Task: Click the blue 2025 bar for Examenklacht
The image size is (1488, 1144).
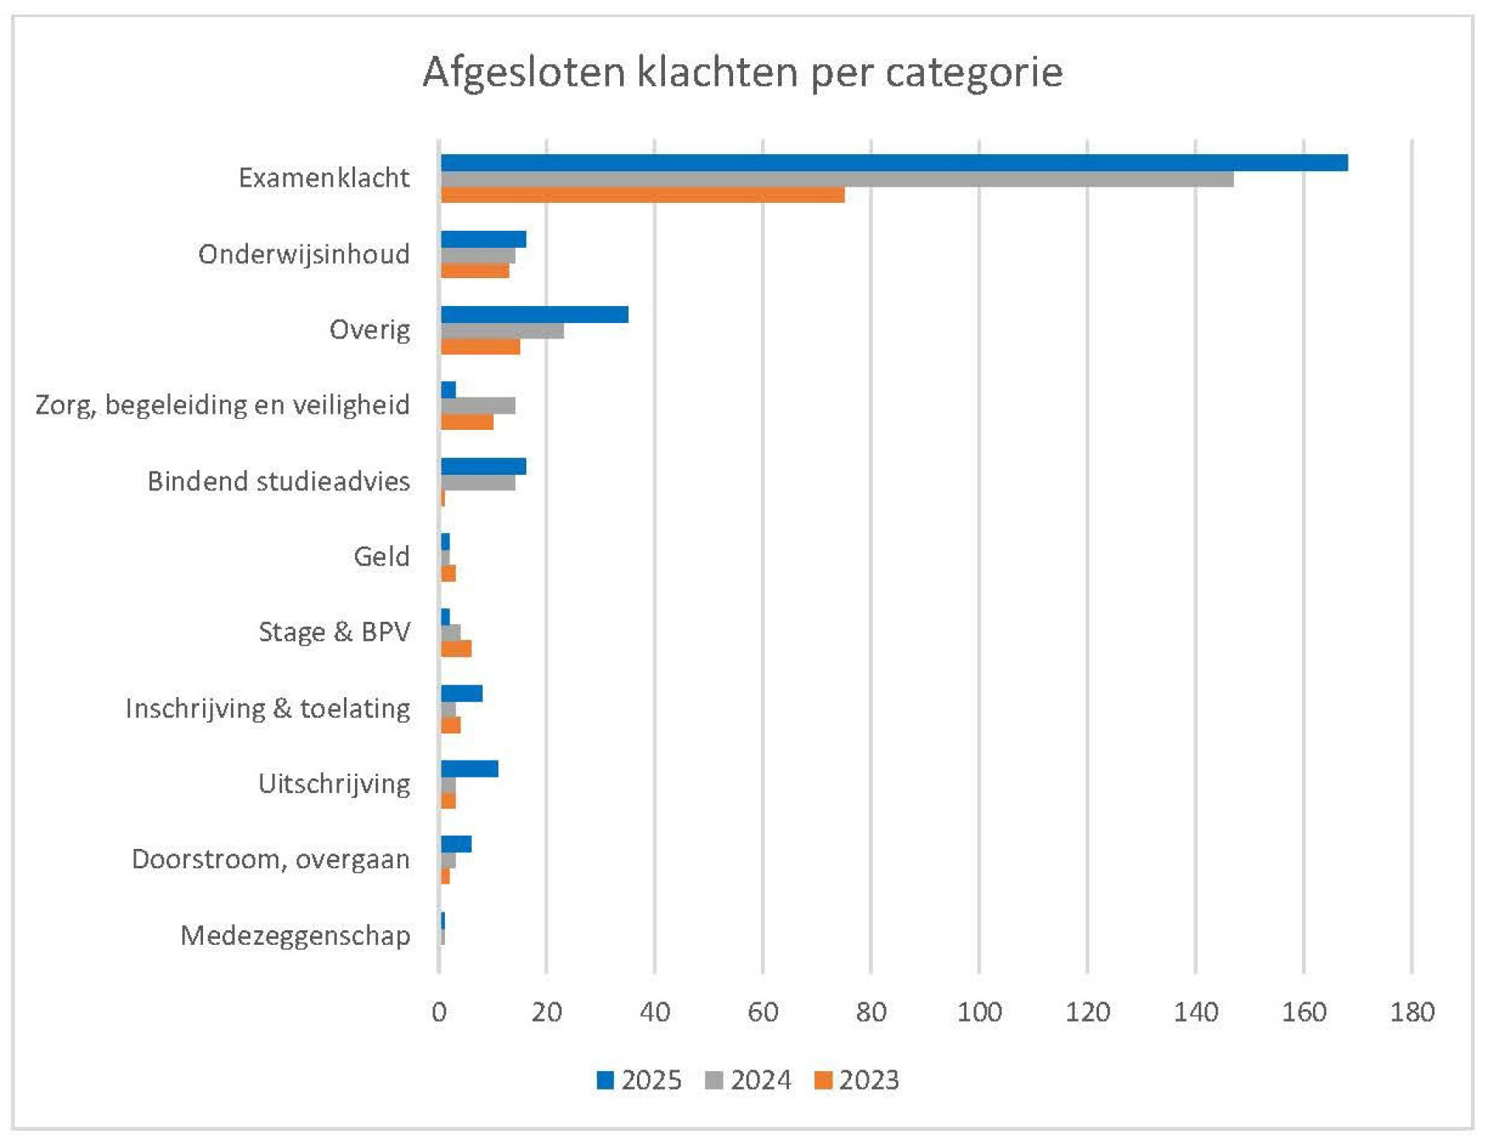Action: tap(894, 163)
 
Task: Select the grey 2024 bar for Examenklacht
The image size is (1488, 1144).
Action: tap(837, 179)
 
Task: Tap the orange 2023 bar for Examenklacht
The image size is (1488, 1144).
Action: tap(642, 195)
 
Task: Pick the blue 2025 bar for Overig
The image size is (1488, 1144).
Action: tap(535, 314)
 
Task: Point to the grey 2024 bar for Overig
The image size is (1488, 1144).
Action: tap(502, 331)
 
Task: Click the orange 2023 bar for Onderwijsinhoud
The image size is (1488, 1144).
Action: tap(475, 271)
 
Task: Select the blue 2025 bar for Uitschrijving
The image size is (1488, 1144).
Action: tap(470, 769)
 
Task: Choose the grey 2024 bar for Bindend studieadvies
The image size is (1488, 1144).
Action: tap(478, 483)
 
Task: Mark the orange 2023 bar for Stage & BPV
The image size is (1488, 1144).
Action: tap(456, 649)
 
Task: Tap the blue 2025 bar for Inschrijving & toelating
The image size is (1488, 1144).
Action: tap(462, 693)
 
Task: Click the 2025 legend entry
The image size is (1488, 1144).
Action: tap(639, 1080)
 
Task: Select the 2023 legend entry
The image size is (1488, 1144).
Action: tap(857, 1080)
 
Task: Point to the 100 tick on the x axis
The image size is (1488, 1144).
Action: tap(980, 1012)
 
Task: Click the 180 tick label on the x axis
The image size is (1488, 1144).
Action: tap(1412, 1012)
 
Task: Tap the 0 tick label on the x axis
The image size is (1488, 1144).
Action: tap(439, 1012)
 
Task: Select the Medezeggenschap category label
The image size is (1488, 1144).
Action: tap(295, 936)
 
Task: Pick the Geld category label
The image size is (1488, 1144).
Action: tap(381, 556)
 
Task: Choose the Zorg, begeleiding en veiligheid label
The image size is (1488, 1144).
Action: tap(222, 405)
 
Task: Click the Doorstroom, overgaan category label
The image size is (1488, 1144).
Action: tap(270, 860)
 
